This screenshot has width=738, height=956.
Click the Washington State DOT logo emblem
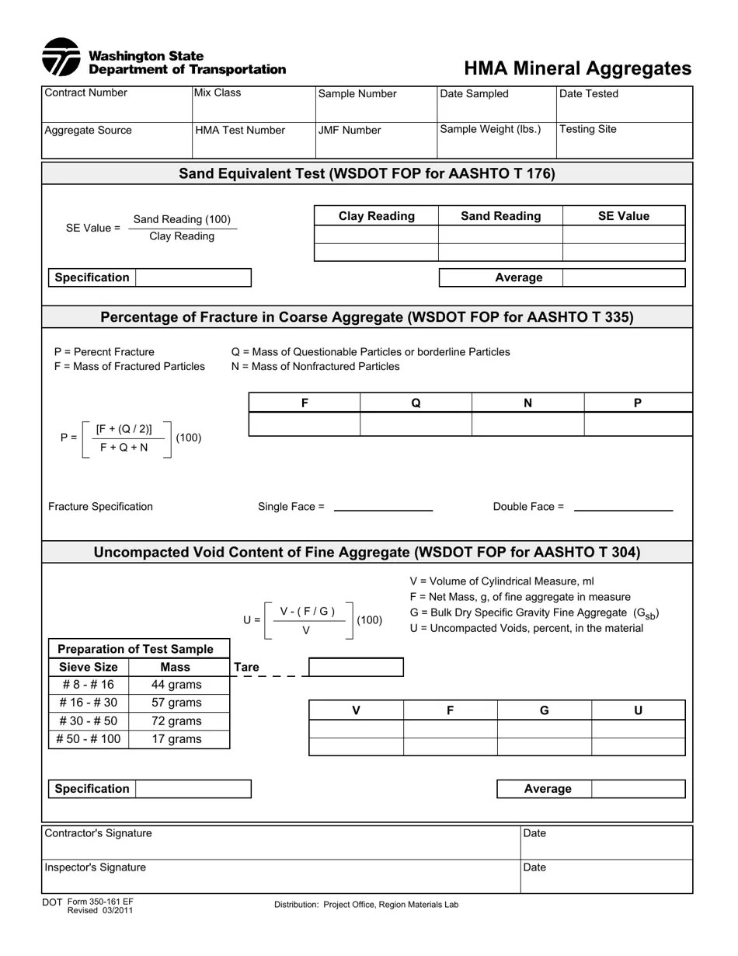61,58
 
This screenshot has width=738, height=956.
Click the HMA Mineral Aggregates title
577,68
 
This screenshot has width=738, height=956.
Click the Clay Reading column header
377,216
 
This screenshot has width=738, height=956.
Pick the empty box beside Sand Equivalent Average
623,277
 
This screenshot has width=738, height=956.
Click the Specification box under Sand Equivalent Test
193,277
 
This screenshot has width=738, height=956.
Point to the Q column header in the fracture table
416,403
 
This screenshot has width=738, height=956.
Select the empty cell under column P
637,424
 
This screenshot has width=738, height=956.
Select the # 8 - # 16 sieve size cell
88,685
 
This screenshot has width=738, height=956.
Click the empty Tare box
356,667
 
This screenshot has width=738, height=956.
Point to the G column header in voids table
544,710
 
